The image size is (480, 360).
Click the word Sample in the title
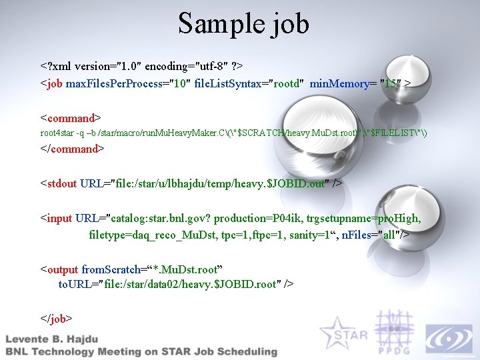(213, 24)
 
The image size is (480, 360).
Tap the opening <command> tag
(71, 118)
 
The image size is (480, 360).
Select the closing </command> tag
(73, 149)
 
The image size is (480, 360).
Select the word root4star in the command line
(55, 133)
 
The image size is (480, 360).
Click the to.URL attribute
(74, 284)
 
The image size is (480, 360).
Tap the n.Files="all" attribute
(374, 235)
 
